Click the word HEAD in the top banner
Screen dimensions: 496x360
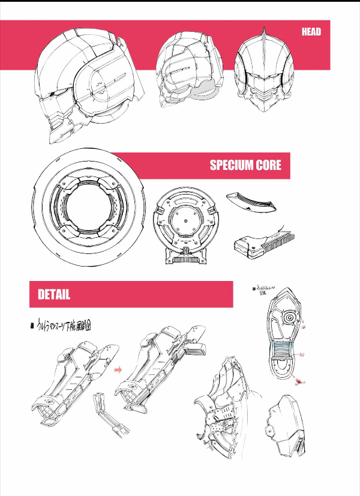(311, 32)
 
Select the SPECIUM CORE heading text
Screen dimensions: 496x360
(245, 165)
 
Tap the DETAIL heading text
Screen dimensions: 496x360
(54, 295)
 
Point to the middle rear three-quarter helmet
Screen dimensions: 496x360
(186, 69)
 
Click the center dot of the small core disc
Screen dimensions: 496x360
(185, 220)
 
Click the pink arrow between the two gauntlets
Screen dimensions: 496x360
(118, 370)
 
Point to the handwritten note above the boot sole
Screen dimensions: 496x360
(263, 291)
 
